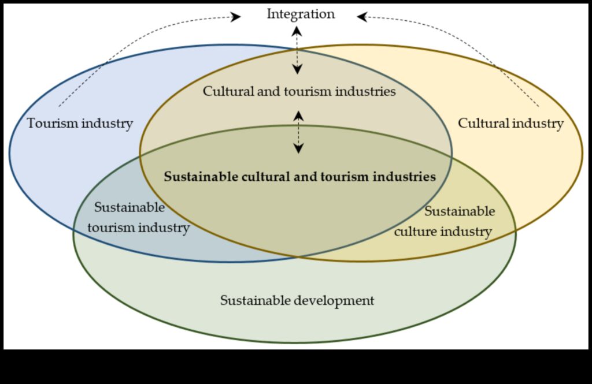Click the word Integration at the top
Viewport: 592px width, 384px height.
(x=301, y=14)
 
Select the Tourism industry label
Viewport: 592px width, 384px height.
(x=80, y=124)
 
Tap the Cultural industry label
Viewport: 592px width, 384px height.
(x=510, y=124)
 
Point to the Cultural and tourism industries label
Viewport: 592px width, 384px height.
(x=299, y=91)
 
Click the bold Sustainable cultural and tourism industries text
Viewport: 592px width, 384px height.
(x=299, y=177)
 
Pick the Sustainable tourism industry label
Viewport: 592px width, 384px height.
(x=138, y=218)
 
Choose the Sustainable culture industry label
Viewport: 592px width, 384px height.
(x=443, y=222)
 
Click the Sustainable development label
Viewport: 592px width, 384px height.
(x=297, y=301)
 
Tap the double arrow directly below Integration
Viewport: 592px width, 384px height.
(x=297, y=50)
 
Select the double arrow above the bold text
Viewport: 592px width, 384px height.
(x=298, y=132)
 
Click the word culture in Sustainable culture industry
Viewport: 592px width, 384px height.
(x=417, y=232)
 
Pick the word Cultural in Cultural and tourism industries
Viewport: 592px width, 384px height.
(x=225, y=91)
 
